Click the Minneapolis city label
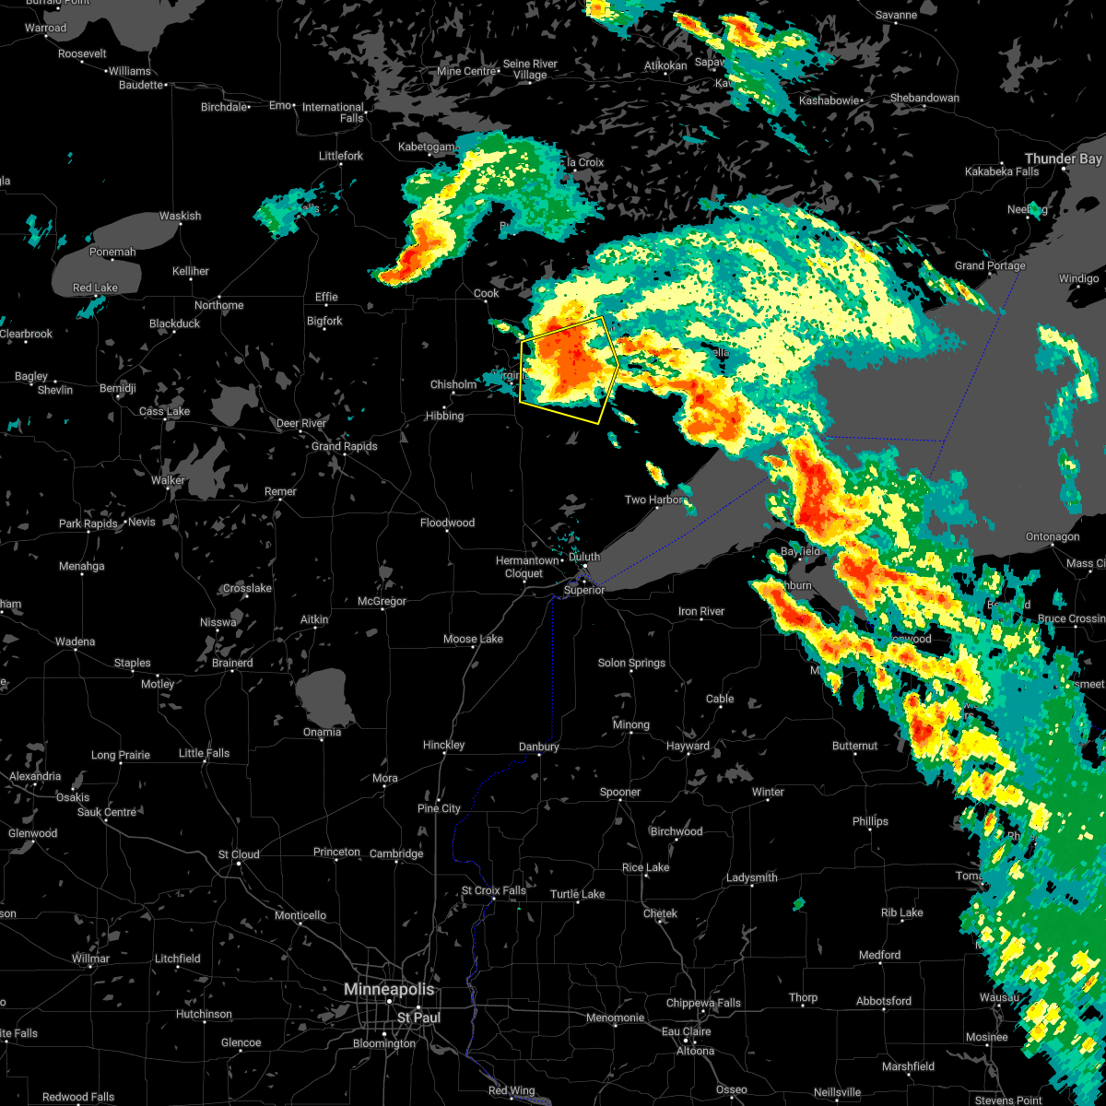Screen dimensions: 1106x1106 tap(388, 989)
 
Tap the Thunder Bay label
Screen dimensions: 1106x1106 tap(1064, 159)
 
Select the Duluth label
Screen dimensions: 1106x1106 tap(584, 557)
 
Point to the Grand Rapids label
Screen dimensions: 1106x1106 tap(344, 446)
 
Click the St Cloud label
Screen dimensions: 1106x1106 tap(239, 854)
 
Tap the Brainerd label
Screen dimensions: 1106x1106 tap(232, 663)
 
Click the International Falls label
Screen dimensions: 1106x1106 tap(333, 112)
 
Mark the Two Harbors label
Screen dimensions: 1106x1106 tap(654, 500)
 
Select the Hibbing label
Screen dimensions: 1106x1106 tap(444, 416)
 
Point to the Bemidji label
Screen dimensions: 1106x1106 tap(118, 389)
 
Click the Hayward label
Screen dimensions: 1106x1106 tap(688, 746)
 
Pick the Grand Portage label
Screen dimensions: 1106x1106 tap(990, 265)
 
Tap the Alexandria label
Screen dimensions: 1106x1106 tap(35, 776)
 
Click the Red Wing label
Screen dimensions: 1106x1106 tap(511, 1091)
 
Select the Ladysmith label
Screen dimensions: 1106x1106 tap(752, 877)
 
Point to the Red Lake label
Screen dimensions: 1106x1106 tap(95, 288)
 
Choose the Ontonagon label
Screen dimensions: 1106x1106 tap(1053, 536)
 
